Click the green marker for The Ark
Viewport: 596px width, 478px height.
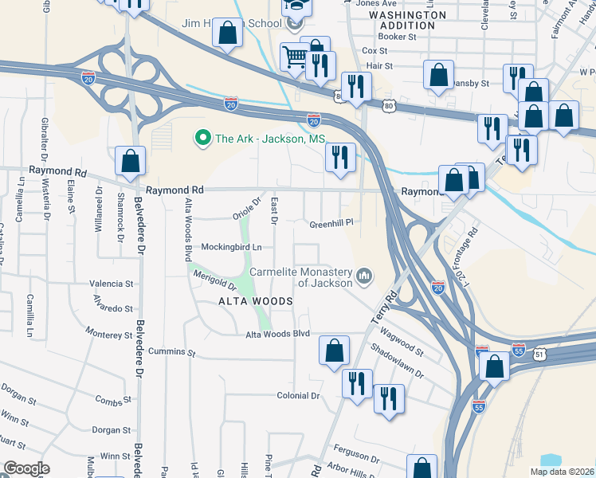click(202, 139)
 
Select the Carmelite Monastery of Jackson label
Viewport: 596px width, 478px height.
click(301, 276)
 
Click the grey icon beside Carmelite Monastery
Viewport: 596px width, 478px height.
click(365, 276)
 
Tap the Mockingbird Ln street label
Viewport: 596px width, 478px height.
click(231, 247)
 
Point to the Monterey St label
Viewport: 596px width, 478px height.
click(109, 335)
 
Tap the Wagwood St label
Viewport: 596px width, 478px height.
click(402, 343)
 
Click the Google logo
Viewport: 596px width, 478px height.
click(27, 468)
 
